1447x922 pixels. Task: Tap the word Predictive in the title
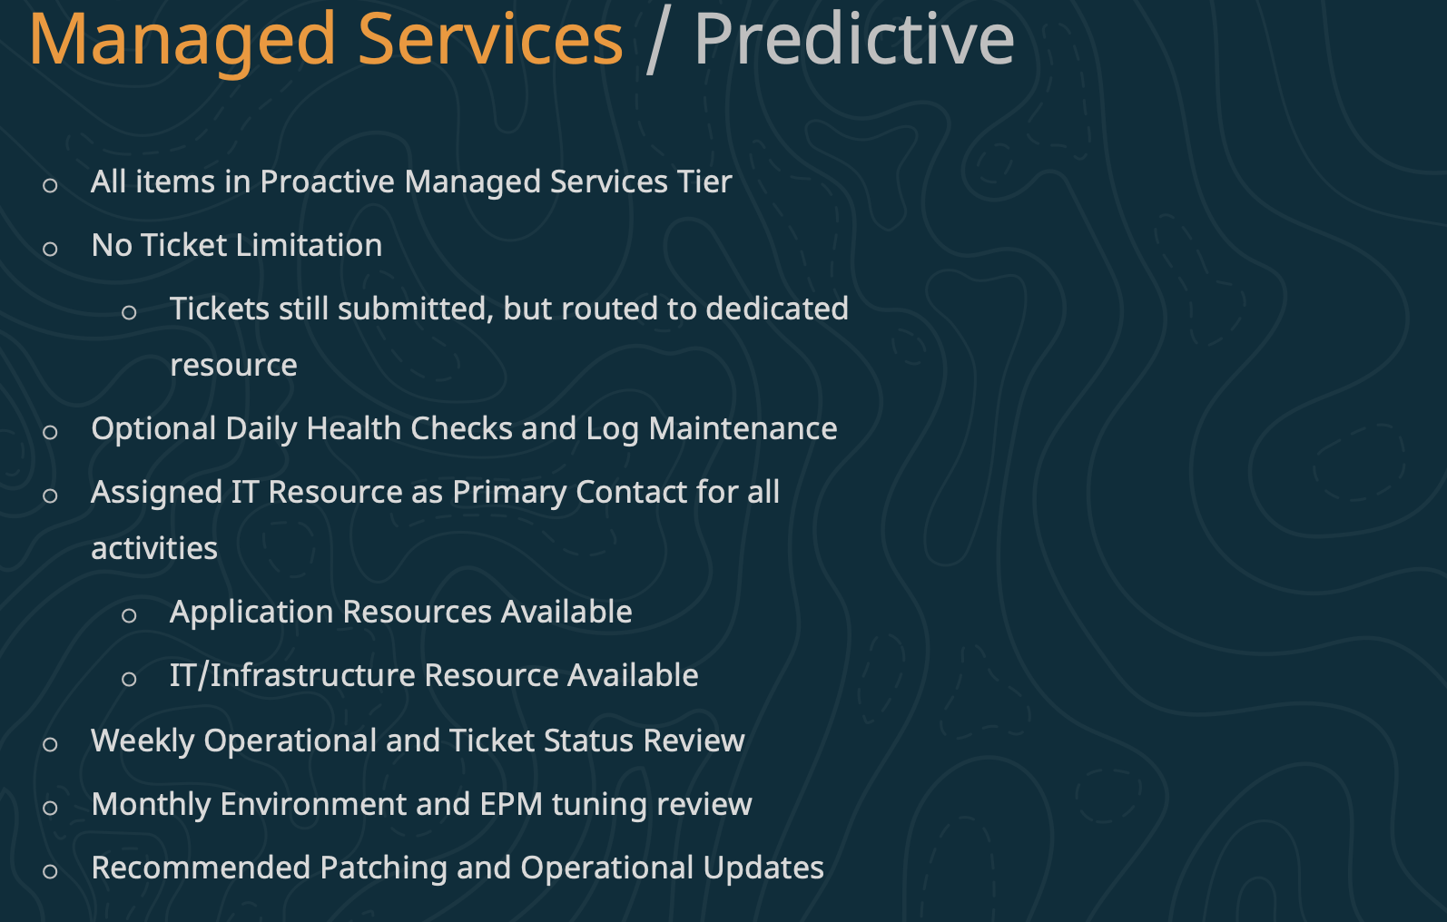point(854,39)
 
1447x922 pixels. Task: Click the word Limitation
point(310,245)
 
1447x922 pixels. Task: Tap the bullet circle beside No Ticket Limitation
point(51,249)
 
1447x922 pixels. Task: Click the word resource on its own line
point(234,366)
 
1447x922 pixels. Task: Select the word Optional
point(153,429)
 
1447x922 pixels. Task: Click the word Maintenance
point(743,428)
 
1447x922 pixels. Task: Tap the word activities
point(154,548)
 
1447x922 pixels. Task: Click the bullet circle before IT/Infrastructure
point(129,679)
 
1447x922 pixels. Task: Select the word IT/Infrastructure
point(292,675)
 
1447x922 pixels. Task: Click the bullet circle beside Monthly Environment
point(51,808)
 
